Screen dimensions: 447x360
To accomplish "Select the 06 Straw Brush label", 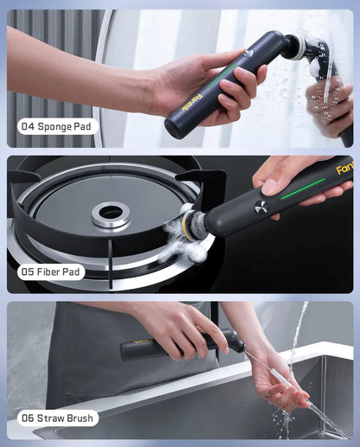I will coord(58,418).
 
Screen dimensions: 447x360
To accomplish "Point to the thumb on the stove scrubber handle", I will coord(275,178).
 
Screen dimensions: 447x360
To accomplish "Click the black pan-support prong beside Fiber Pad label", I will coord(111,263).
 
